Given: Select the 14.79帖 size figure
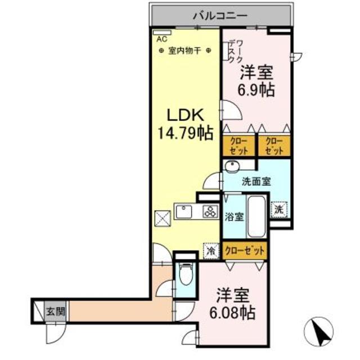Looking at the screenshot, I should point(184,134).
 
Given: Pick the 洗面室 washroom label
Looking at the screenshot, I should point(256,182).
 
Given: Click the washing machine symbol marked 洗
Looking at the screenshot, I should point(280,208).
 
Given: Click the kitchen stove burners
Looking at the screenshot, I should point(210,212).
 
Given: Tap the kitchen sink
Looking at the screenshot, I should point(184,211).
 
